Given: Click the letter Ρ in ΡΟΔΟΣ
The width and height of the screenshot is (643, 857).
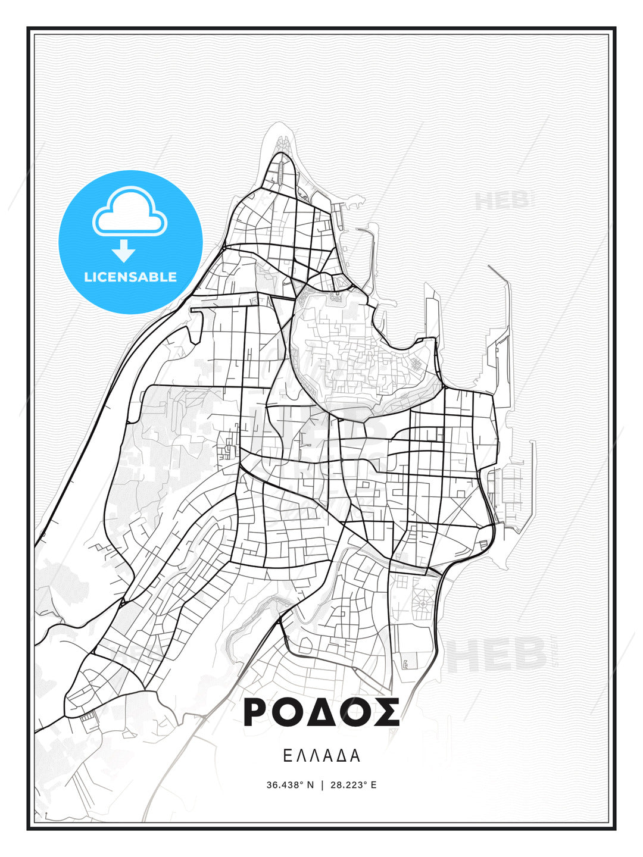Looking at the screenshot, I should coord(257,712).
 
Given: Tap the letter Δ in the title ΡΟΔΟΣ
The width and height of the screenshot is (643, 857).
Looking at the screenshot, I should coord(322,712).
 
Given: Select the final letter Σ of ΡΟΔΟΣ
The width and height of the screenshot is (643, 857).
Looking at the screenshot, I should coord(387,712).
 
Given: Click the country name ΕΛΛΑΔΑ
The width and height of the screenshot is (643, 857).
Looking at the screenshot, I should coord(321,756).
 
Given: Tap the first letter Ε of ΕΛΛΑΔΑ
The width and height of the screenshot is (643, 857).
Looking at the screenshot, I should coord(287,756).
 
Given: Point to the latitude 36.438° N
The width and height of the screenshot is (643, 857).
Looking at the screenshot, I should coord(290,785).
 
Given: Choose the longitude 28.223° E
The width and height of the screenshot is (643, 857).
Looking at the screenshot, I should coord(353,785).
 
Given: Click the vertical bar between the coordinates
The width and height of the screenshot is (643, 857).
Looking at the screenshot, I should coord(322,785).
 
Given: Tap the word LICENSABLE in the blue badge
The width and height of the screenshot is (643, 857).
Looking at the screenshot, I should coord(130,277).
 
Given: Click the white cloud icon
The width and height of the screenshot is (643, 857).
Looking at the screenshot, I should coord(130,212).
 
